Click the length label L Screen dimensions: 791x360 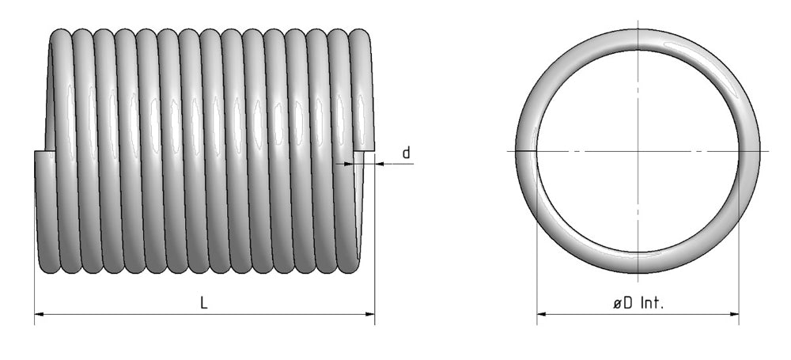pyautogui.click(x=204, y=302)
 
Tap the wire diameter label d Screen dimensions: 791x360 pyautogui.click(x=406, y=153)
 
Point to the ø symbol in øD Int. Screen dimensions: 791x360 pyautogui.click(x=618, y=304)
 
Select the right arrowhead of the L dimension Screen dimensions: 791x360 pyautogui.click(x=369, y=314)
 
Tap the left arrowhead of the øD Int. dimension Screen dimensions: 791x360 pyautogui.click(x=542, y=314)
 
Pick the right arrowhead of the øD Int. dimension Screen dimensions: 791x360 pyautogui.click(x=733, y=314)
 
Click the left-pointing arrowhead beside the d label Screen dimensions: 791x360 pyautogui.click(x=380, y=164)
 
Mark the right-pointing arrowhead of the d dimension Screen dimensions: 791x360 pyautogui.click(x=349, y=164)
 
